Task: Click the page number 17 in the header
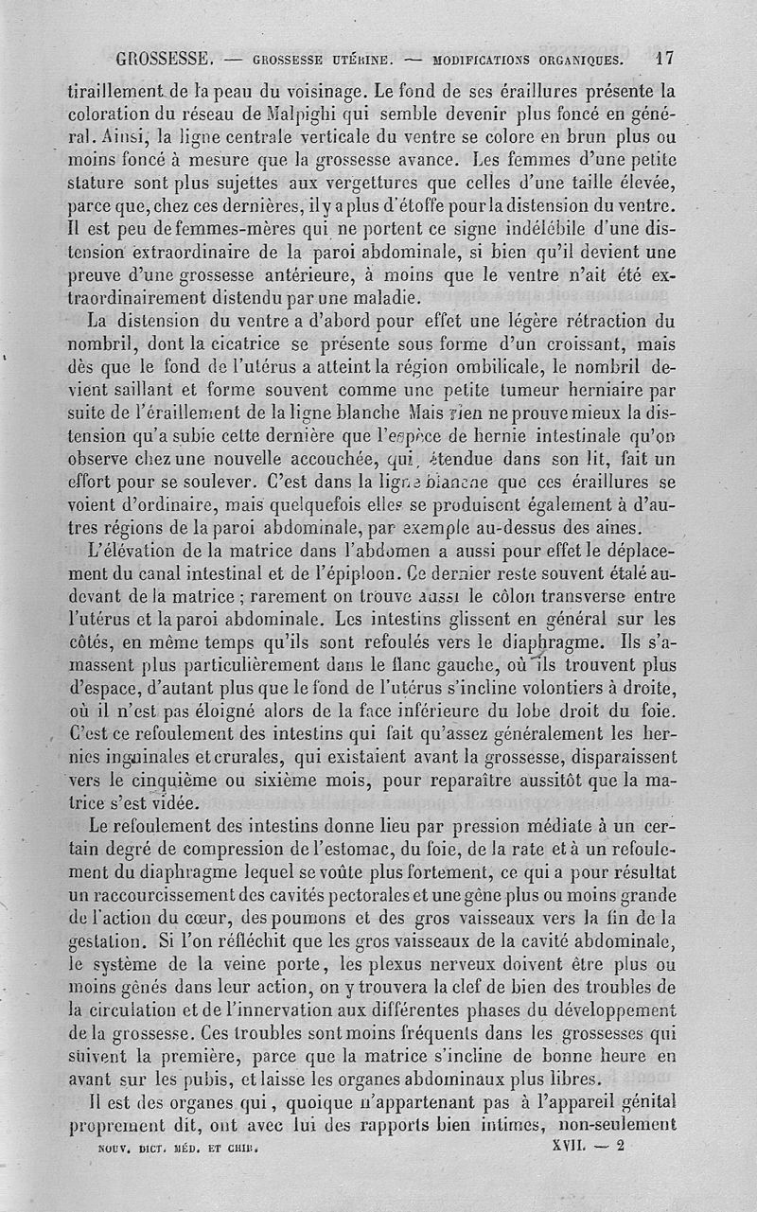click(664, 58)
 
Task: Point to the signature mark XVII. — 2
click(586, 1143)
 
